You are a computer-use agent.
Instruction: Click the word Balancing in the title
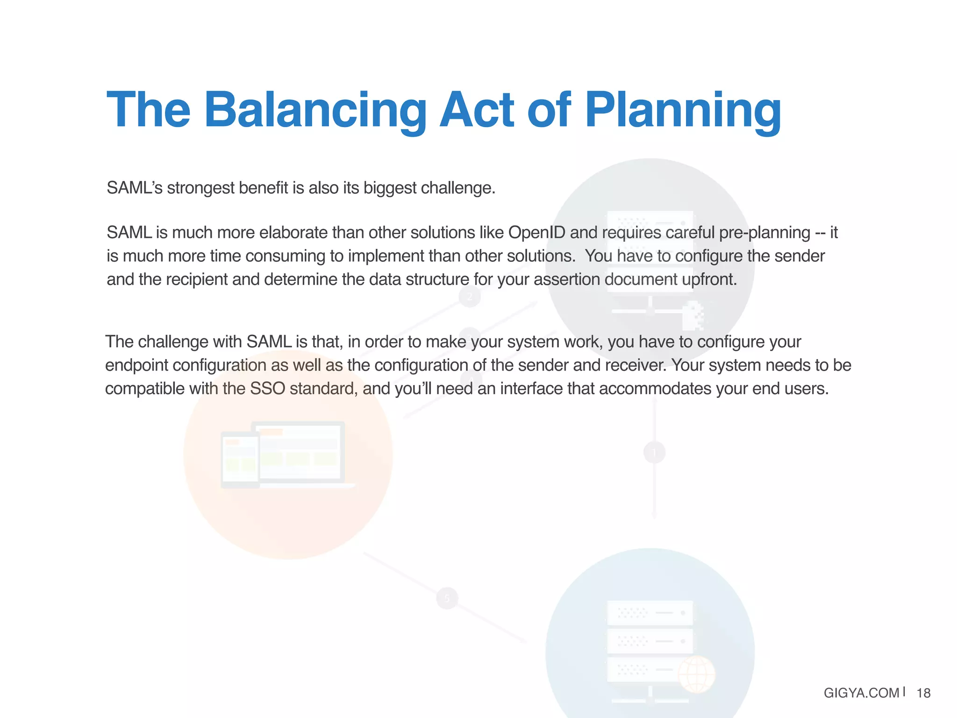point(315,110)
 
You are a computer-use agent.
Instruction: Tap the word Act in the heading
point(477,110)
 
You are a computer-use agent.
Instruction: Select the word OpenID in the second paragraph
point(536,232)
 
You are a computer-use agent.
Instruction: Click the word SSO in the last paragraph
point(267,388)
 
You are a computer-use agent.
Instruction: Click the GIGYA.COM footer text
point(861,693)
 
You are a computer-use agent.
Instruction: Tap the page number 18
point(923,693)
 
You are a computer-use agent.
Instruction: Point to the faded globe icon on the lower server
point(696,674)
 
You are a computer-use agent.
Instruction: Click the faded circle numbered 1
point(654,452)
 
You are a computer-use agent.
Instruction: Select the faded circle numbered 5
point(447,598)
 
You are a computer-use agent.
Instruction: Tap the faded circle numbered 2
point(470,296)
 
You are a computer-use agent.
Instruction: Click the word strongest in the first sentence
point(200,188)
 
